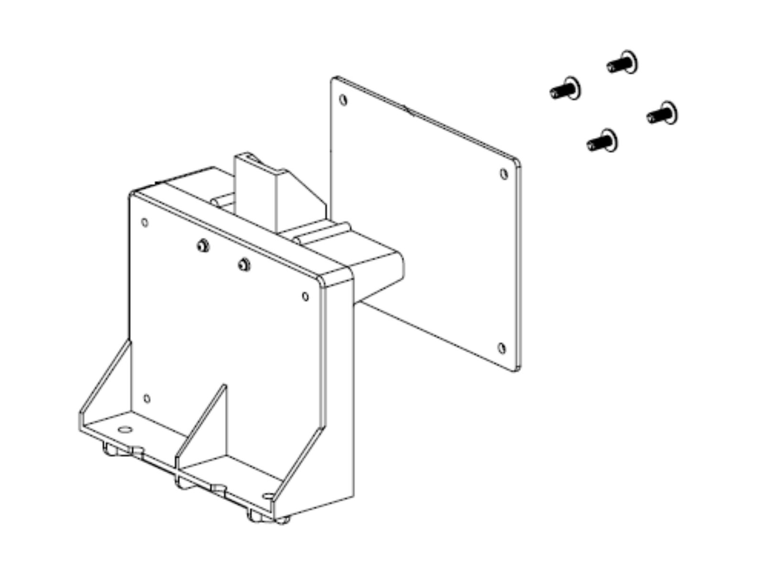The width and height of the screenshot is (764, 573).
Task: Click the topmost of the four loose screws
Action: [x=623, y=63]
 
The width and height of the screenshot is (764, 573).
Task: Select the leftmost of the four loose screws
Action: [x=565, y=89]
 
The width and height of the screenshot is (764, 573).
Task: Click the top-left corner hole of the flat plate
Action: [x=343, y=100]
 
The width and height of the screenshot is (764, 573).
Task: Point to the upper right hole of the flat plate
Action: [x=504, y=174]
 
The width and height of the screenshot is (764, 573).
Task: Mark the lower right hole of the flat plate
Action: [x=502, y=348]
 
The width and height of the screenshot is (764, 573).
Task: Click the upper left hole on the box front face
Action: [x=145, y=223]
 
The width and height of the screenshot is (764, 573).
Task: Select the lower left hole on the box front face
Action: [x=147, y=399]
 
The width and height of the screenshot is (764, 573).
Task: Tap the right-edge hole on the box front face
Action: [x=306, y=297]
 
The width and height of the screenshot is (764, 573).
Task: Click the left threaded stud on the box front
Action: [x=202, y=245]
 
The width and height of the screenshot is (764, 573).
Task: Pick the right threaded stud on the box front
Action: [x=244, y=264]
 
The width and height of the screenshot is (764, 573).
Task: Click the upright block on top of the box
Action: [x=258, y=191]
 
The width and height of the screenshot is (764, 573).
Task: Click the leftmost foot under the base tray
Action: [x=111, y=449]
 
